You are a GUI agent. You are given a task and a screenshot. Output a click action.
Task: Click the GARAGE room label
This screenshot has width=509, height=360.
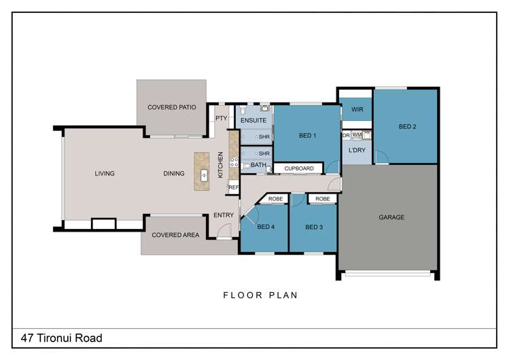click(391, 217)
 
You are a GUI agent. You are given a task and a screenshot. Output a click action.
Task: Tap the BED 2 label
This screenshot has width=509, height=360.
click(407, 126)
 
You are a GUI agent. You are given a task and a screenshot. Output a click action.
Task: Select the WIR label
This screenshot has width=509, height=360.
click(357, 109)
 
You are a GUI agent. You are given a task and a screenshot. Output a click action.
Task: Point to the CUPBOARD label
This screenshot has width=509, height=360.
click(299, 168)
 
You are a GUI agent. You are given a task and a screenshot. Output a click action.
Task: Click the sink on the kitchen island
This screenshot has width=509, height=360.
click(204, 175)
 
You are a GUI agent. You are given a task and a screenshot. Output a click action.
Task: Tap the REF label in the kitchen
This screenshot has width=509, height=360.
click(233, 187)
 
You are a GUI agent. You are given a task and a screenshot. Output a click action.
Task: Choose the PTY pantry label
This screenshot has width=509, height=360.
click(222, 118)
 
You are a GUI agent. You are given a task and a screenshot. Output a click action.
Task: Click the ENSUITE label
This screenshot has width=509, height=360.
click(253, 120)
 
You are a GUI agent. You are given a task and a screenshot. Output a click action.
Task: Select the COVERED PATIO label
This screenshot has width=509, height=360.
click(172, 107)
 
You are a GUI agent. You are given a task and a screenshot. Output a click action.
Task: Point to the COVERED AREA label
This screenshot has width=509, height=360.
click(175, 235)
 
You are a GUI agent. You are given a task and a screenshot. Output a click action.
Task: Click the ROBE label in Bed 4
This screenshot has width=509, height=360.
click(276, 199)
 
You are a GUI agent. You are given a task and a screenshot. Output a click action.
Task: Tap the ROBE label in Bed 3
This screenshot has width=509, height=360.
click(323, 199)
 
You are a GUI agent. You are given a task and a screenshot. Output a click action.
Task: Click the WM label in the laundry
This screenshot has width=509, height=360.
click(357, 134)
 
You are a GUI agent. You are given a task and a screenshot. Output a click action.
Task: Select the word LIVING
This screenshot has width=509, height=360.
click(105, 173)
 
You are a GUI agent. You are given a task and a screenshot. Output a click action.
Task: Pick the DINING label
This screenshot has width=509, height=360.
click(174, 173)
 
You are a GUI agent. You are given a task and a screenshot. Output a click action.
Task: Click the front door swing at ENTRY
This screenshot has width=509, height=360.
click(224, 231)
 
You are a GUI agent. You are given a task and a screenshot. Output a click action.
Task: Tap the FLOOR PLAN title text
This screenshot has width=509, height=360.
click(260, 295)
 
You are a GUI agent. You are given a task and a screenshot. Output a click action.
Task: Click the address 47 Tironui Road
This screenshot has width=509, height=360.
click(62, 338)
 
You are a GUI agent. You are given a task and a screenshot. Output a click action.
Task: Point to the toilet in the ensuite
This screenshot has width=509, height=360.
click(243, 109)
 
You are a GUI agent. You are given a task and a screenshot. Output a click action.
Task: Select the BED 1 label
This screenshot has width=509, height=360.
click(307, 136)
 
